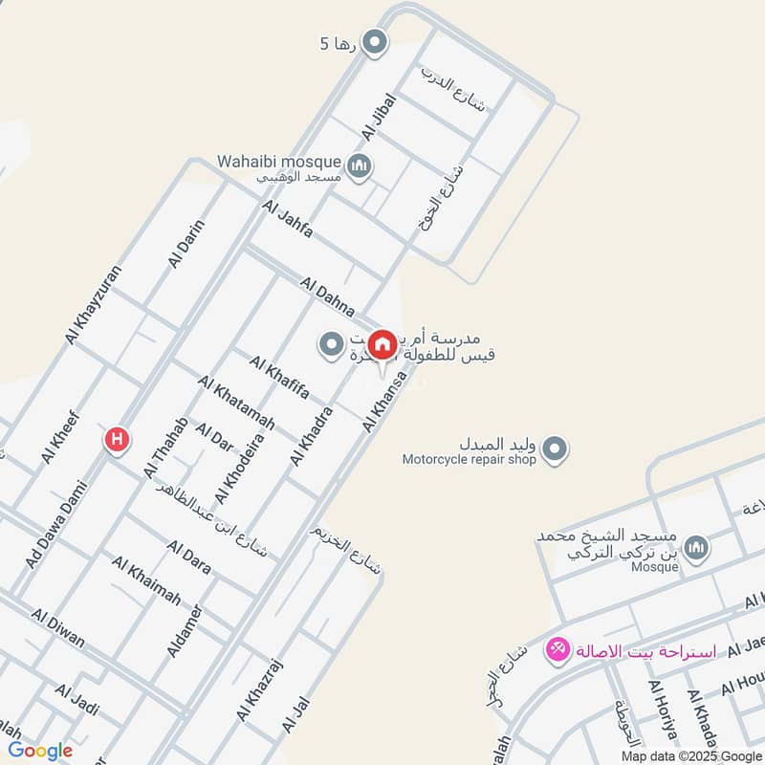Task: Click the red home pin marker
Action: click(382, 344)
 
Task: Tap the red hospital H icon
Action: click(117, 440)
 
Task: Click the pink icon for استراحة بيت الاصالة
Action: click(556, 651)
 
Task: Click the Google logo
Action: click(39, 751)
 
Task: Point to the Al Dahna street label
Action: click(327, 296)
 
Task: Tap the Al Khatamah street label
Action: click(236, 402)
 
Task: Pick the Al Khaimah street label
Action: click(146, 581)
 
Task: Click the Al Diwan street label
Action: click(57, 627)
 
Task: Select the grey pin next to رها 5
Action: click(376, 42)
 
